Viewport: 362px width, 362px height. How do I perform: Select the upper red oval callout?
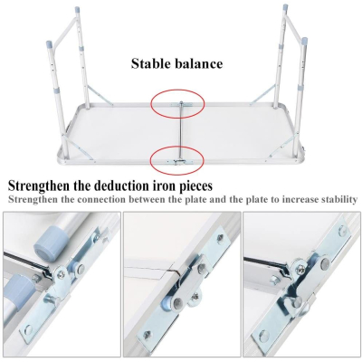(177, 104)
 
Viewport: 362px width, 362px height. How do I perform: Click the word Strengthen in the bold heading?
(40, 186)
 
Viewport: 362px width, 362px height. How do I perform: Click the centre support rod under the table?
(180, 132)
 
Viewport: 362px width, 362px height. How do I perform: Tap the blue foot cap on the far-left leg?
(50, 44)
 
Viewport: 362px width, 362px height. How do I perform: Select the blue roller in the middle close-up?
(167, 301)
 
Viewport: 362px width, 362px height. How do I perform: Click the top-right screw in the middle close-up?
(220, 237)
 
